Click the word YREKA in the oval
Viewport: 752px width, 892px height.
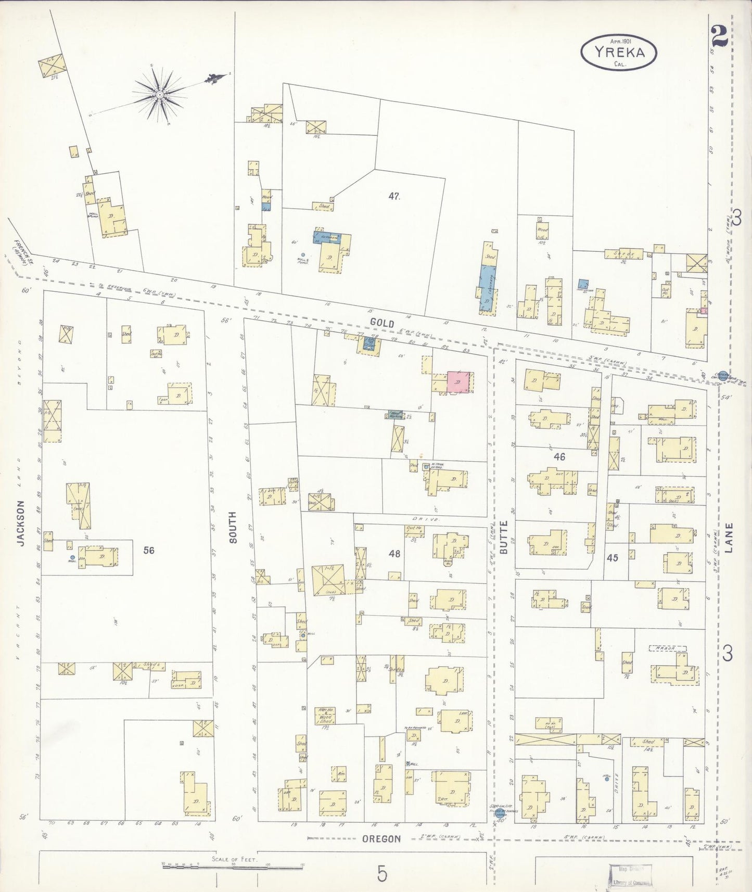(619, 52)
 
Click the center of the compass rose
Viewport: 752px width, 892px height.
(160, 94)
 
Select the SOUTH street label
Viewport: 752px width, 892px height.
(232, 527)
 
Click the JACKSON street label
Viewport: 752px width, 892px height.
(21, 523)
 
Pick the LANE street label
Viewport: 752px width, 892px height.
(728, 537)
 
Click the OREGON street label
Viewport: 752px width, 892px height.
(381, 839)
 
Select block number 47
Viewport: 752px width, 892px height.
(394, 196)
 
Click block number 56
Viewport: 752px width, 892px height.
(149, 550)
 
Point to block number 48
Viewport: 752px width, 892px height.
(394, 554)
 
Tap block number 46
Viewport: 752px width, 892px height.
(559, 457)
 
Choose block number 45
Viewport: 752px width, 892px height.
(612, 558)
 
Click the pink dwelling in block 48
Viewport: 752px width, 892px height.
(458, 382)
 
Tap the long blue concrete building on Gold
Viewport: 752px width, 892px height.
(487, 287)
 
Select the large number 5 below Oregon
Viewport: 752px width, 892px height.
(382, 874)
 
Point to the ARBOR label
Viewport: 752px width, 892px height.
(668, 648)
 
